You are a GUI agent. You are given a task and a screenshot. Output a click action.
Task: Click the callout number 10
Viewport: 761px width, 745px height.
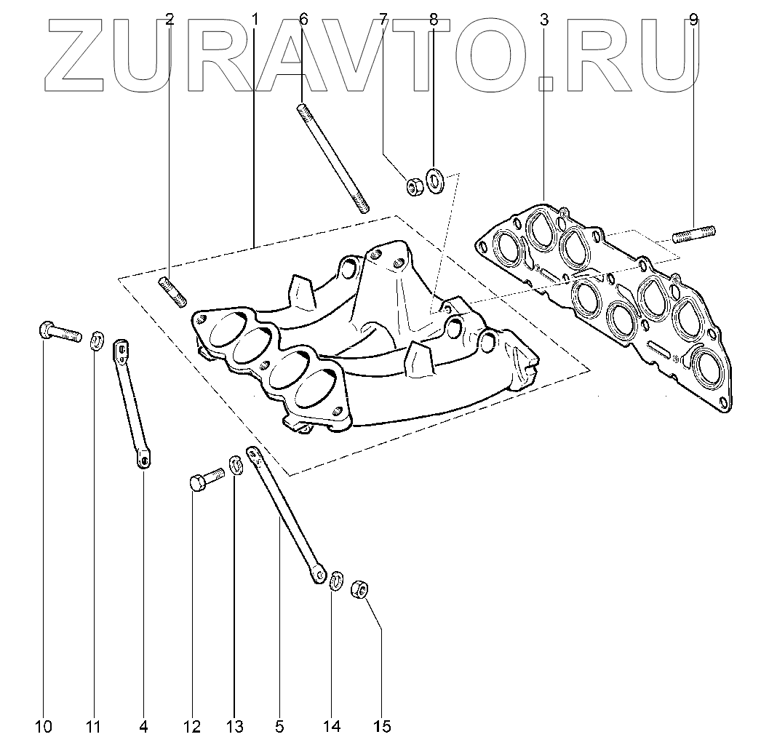point(43,725)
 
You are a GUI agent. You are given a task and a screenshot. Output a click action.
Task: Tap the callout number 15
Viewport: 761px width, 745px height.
point(383,725)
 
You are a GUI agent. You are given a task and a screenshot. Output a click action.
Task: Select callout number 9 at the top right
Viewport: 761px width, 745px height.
point(693,20)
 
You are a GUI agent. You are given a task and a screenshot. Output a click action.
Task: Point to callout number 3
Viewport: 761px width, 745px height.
point(544,20)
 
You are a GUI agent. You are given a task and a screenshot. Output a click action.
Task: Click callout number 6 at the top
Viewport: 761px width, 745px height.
point(304,20)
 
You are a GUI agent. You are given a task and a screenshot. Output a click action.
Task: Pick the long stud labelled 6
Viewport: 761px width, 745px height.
point(332,159)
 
